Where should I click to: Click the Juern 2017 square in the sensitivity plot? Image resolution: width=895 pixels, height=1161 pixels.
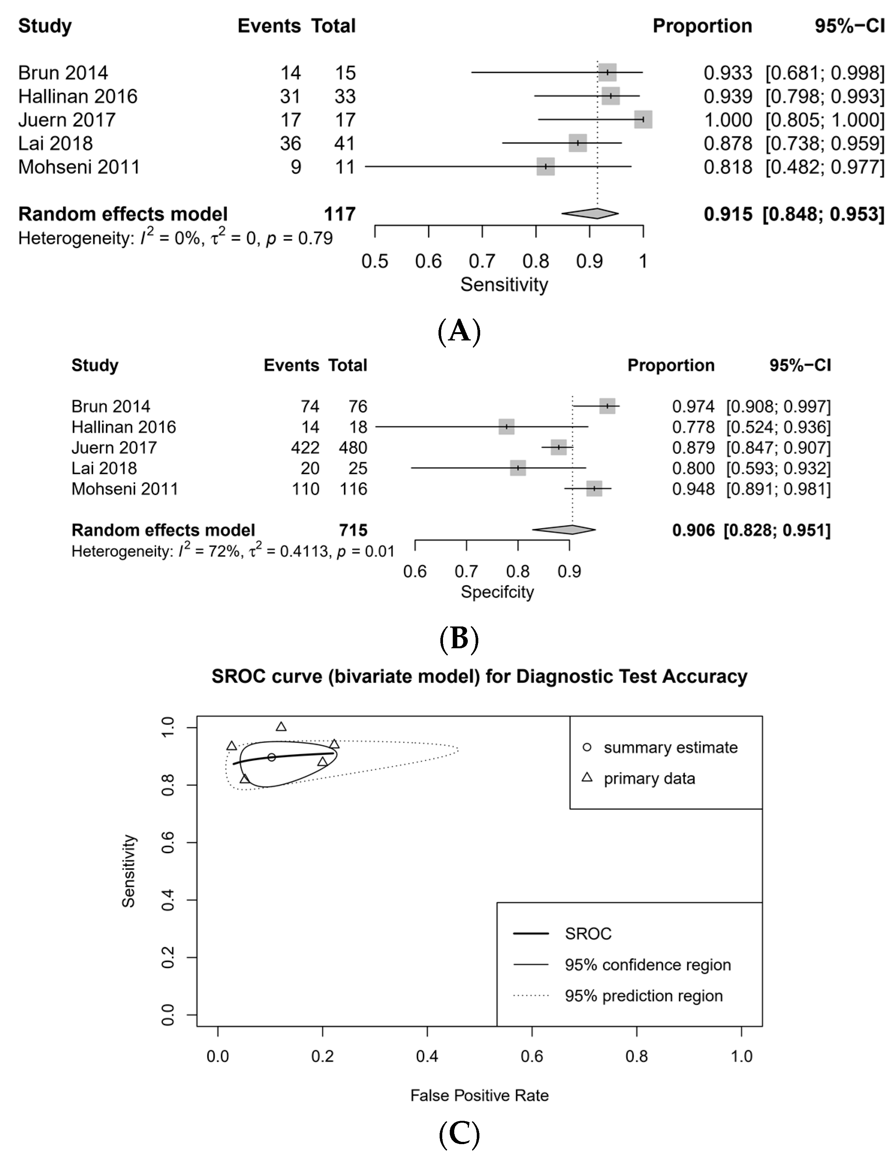pyautogui.click(x=643, y=120)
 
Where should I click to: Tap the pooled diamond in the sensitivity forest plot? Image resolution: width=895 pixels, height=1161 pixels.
pyautogui.click(x=590, y=214)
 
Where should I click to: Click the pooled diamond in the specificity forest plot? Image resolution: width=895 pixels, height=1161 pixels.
pyautogui.click(x=564, y=530)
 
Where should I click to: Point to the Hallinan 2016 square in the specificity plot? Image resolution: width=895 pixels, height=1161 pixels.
pyautogui.click(x=506, y=426)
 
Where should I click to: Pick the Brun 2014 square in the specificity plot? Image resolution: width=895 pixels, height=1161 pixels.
pyautogui.click(x=607, y=406)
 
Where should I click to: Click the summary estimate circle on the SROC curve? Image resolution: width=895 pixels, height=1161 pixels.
pyautogui.click(x=271, y=757)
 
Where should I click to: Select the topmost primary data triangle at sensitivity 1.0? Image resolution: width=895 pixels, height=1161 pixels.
pyautogui.click(x=281, y=727)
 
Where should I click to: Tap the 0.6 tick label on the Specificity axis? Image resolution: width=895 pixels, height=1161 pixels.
pyautogui.click(x=415, y=571)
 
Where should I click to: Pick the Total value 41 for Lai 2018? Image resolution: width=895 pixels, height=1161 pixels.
pyautogui.click(x=345, y=143)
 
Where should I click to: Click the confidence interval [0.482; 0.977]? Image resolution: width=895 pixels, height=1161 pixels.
pyautogui.click(x=825, y=167)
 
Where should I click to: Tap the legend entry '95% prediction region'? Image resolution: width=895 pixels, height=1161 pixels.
pyautogui.click(x=643, y=996)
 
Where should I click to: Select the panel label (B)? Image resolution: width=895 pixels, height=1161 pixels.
pyautogui.click(x=459, y=640)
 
